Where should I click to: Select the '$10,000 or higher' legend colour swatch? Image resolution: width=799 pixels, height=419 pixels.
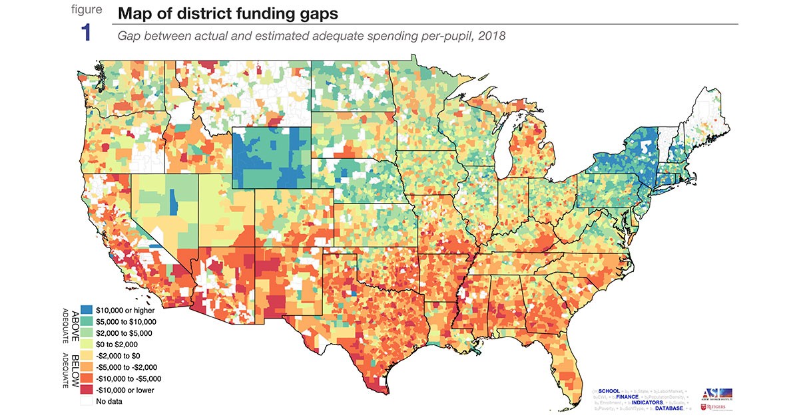tap(87, 310)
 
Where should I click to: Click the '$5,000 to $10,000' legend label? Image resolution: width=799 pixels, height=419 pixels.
tap(127, 321)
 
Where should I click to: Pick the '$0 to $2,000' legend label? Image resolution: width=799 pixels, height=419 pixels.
tap(117, 345)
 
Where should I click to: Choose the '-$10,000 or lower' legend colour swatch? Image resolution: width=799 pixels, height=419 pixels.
tap(87, 390)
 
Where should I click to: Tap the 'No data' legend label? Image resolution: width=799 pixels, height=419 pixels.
tap(110, 402)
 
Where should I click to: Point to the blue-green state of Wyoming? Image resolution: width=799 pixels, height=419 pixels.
tap(270, 156)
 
